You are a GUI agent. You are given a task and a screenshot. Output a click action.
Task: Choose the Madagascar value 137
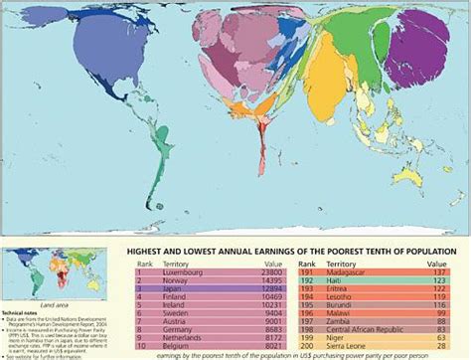tap(440, 270)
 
